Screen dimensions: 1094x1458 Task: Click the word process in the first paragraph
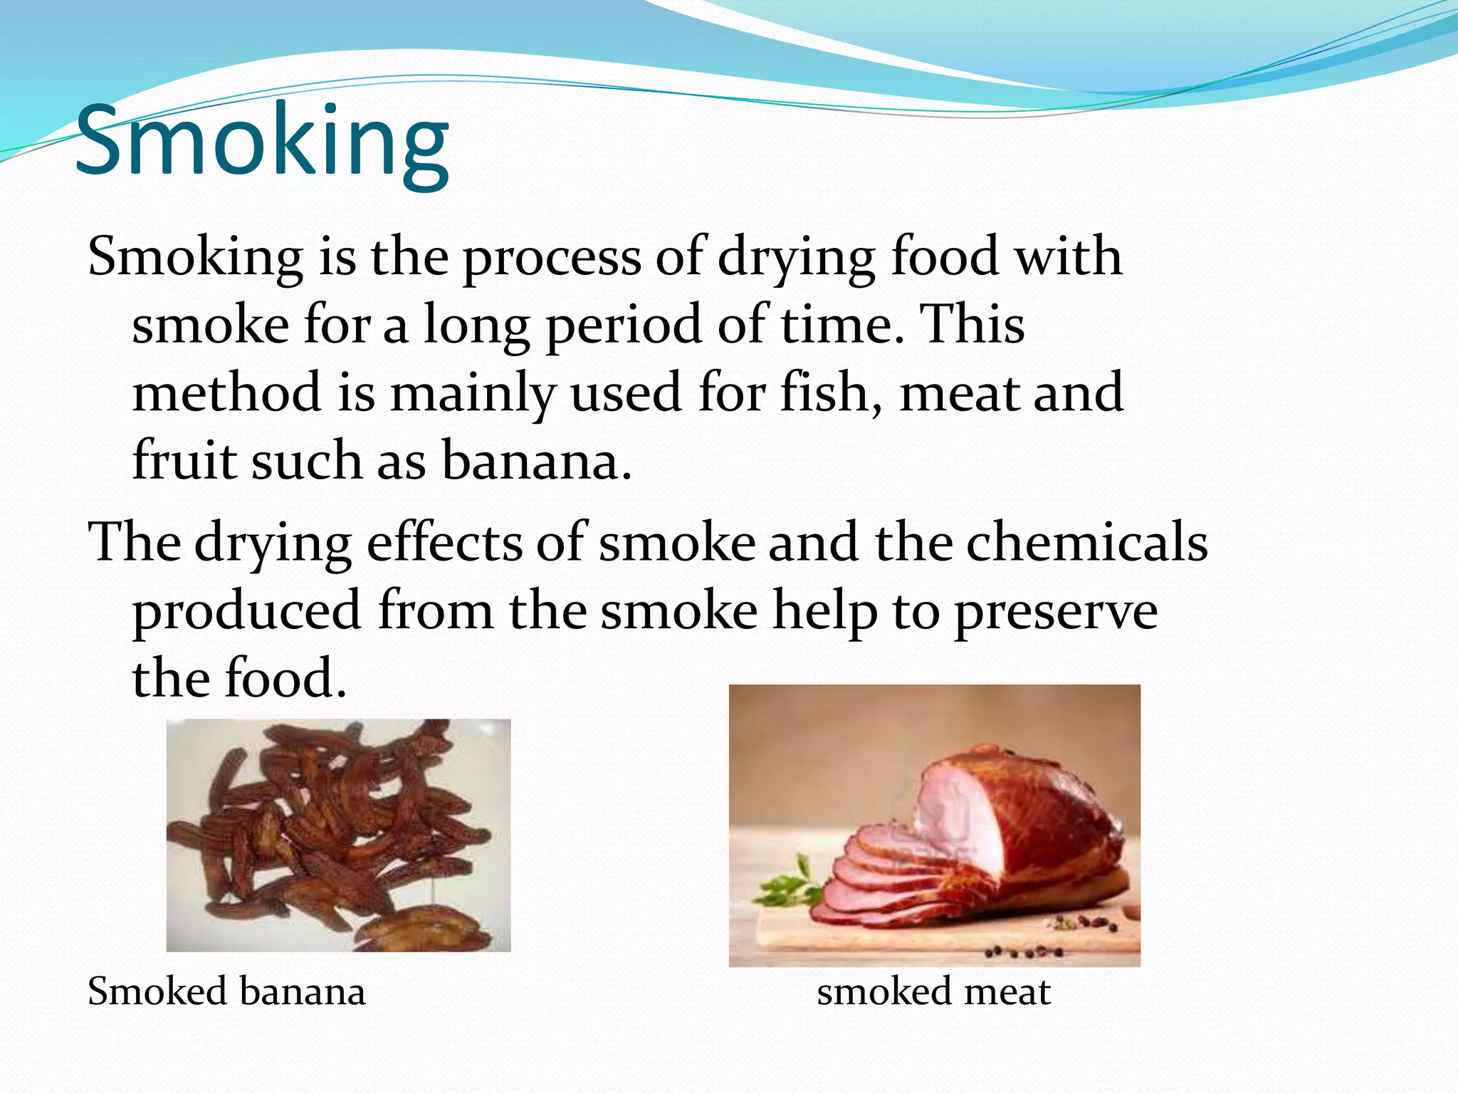tap(552, 258)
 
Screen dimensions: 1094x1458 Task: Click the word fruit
tap(184, 461)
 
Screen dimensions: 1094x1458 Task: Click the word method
tap(226, 392)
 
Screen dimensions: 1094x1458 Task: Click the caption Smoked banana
tap(226, 991)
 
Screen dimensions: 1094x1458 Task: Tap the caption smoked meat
tap(933, 991)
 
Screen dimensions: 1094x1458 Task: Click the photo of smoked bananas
tap(338, 835)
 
